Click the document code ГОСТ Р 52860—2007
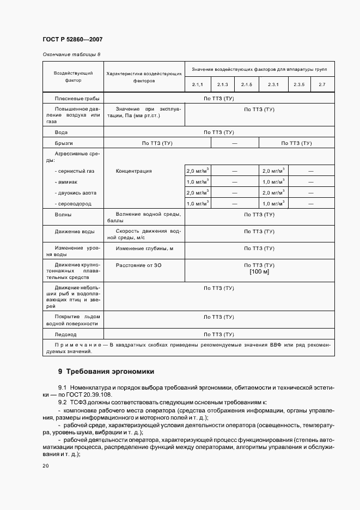click(x=72, y=40)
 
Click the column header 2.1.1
click(x=197, y=84)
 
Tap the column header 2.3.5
click(x=299, y=84)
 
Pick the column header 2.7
click(x=322, y=84)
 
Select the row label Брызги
click(x=64, y=143)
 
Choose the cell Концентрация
click(x=133, y=171)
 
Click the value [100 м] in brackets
click(x=259, y=271)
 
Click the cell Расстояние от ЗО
click(x=138, y=265)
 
